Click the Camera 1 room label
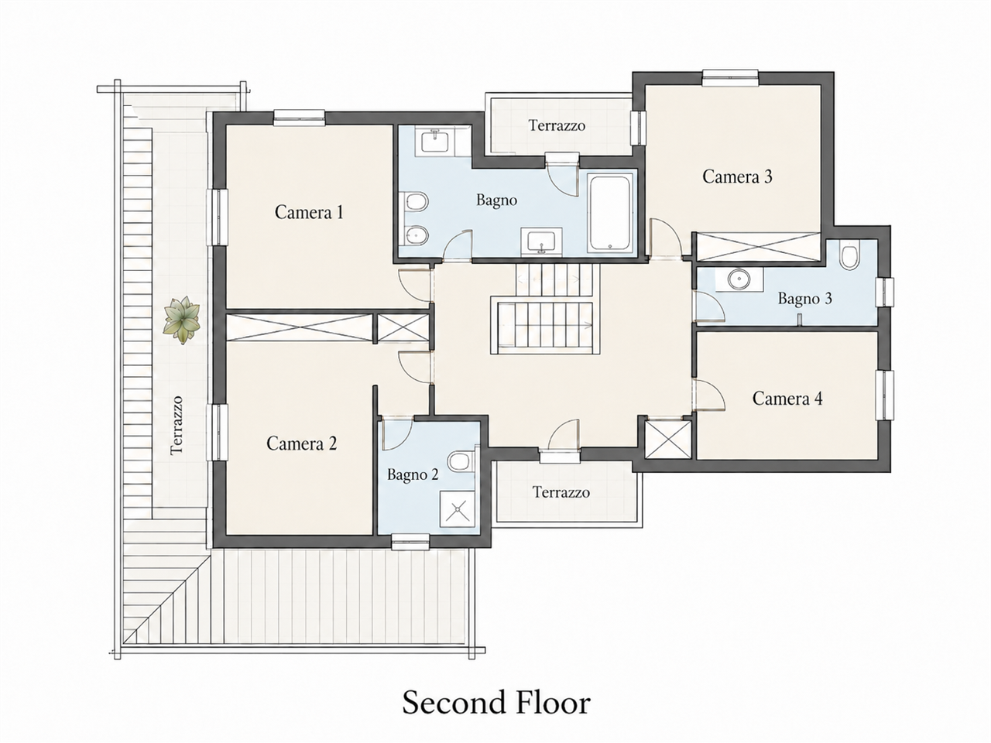(x=309, y=212)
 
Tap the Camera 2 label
(x=302, y=443)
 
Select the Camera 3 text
(x=737, y=176)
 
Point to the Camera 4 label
(x=787, y=399)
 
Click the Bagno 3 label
(x=804, y=299)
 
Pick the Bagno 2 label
(x=413, y=474)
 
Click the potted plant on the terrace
(x=182, y=320)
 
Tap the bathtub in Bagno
(x=609, y=213)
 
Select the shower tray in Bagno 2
(x=458, y=508)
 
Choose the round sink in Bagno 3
(x=739, y=279)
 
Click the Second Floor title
(x=495, y=703)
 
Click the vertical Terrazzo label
(x=177, y=426)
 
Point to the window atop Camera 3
(x=729, y=77)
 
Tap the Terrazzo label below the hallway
(x=561, y=491)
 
